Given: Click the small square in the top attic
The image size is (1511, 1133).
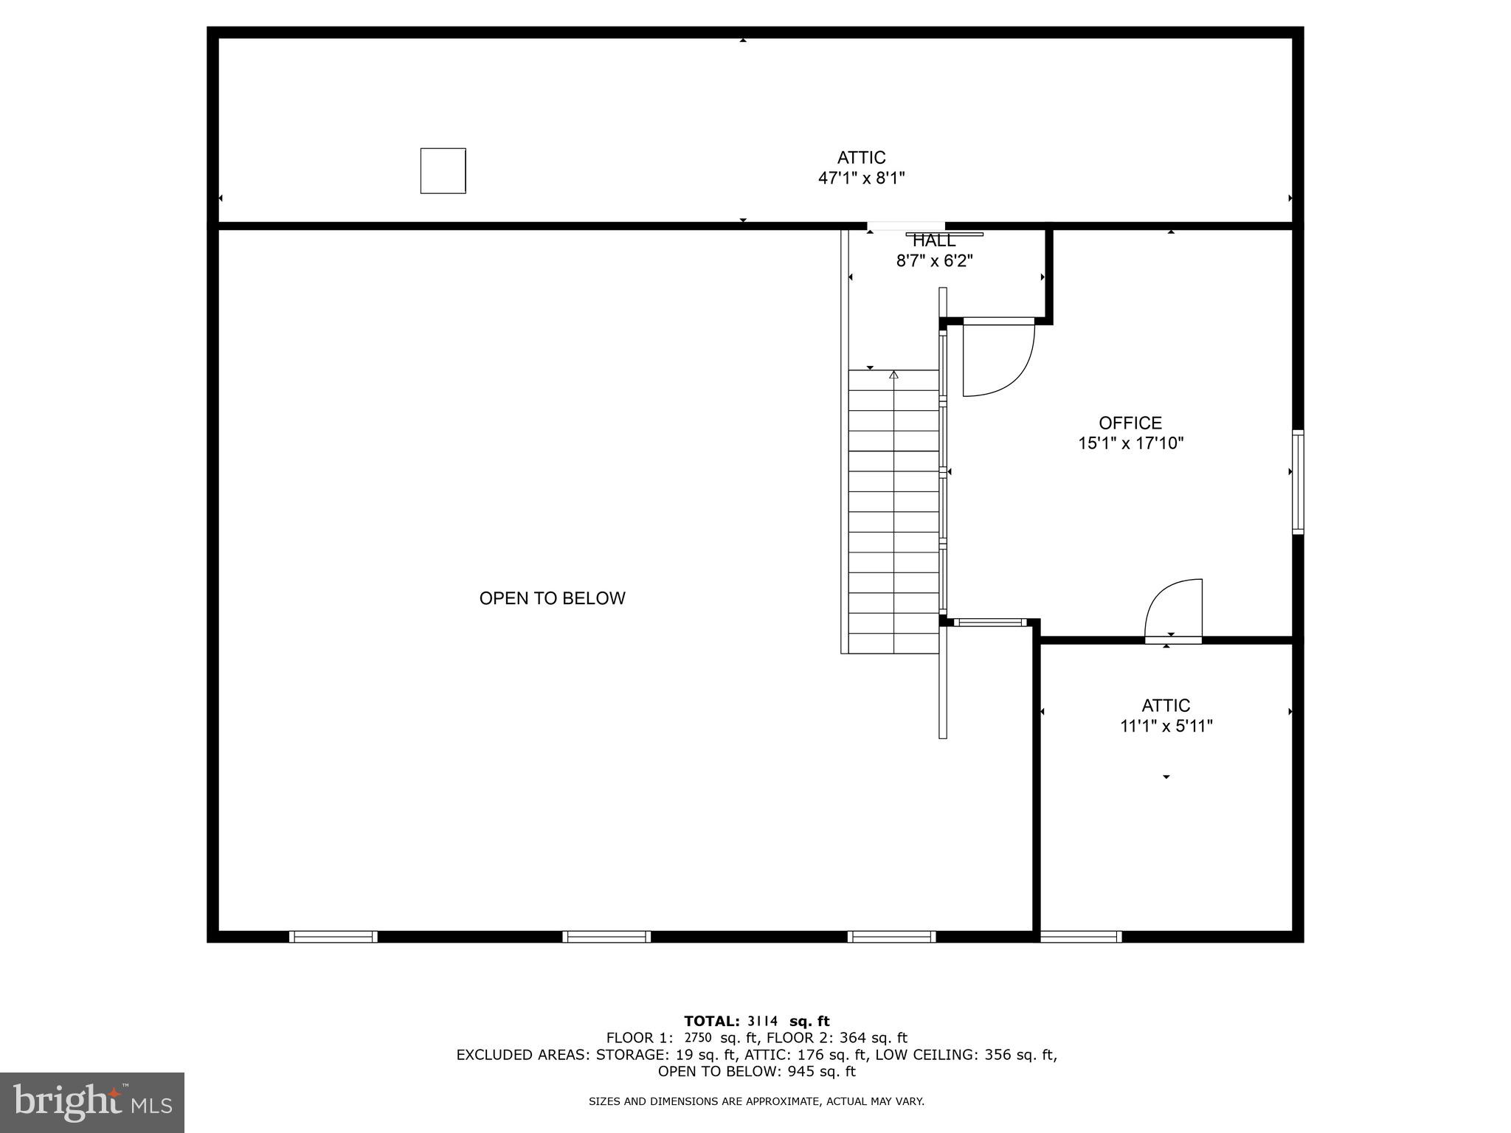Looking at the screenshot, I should tap(443, 170).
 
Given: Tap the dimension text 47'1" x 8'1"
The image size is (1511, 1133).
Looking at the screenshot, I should tap(861, 178).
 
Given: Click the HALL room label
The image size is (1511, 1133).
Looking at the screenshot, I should tap(934, 240).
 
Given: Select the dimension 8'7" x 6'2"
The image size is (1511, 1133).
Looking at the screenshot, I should tap(934, 260).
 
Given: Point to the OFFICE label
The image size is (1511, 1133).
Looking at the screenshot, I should tap(1130, 423).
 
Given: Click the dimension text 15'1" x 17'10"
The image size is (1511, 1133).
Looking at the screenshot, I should tap(1130, 443).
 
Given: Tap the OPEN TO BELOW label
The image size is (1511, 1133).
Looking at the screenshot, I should tap(552, 598).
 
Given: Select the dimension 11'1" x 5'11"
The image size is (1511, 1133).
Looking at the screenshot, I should tap(1166, 727).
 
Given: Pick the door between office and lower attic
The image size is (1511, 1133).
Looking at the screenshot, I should tap(1173, 612).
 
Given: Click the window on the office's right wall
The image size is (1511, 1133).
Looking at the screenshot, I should tap(1298, 482).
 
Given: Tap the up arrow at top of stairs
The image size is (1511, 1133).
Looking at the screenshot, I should tap(893, 375).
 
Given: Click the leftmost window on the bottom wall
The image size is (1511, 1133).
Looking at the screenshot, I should tap(333, 937).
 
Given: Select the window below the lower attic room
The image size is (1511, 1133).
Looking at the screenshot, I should tap(1081, 937).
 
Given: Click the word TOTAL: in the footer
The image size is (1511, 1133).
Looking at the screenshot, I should tap(711, 1022).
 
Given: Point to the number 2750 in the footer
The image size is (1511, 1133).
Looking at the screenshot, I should tap(697, 1038).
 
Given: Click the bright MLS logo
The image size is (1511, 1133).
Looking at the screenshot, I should tap(92, 1102).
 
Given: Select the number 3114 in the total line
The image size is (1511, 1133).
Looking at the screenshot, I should tap(762, 1022).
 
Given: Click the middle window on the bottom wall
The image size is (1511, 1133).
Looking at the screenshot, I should tap(606, 937).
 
